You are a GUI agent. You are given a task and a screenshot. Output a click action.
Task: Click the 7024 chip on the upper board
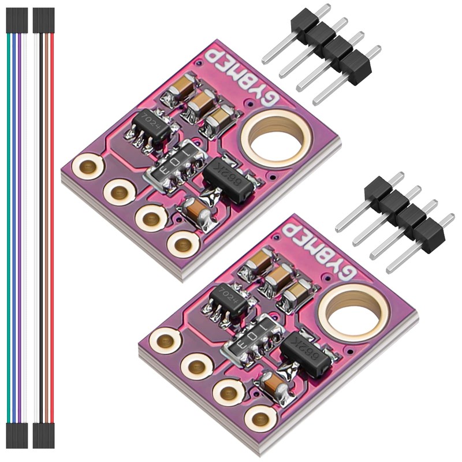(151, 124)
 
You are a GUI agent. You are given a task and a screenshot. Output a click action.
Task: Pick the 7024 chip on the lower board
(229, 300)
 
